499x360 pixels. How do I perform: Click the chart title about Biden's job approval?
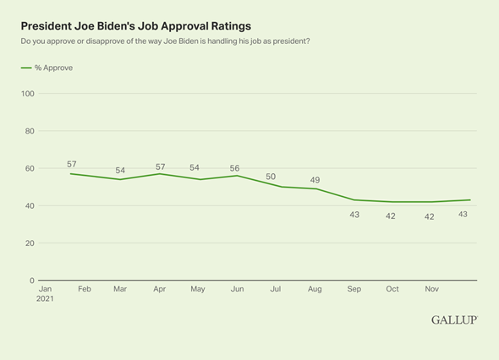pos(135,26)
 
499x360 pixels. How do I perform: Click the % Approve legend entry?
pos(47,68)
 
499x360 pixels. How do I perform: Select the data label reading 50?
pos(270,176)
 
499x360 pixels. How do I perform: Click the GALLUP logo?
pos(454,319)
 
